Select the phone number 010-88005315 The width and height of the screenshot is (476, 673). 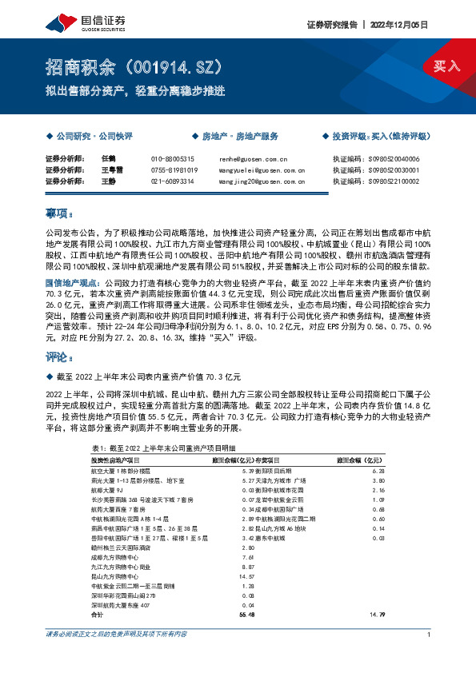[x=172, y=159]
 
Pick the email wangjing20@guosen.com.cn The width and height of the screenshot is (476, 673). [x=262, y=181]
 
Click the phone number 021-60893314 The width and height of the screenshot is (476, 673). [x=172, y=181]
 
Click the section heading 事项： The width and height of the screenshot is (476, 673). [x=59, y=214]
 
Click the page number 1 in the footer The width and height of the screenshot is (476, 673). [x=430, y=634]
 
